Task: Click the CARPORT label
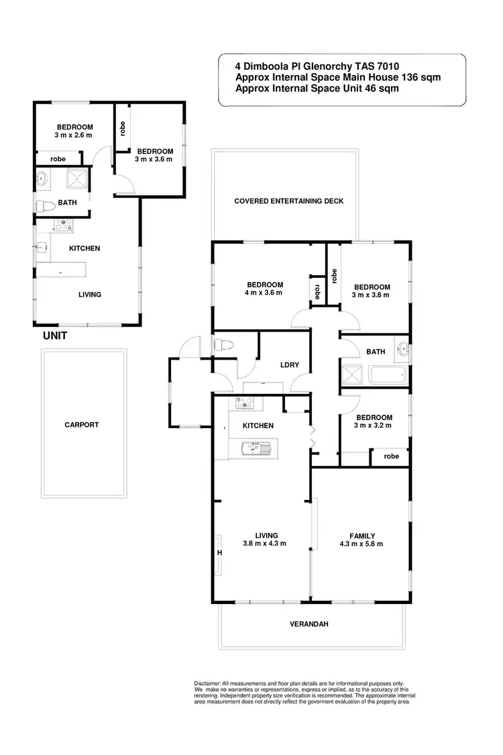coord(82,425)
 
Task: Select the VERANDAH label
coord(309,623)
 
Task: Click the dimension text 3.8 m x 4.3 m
coord(264,544)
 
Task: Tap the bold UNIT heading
coord(54,336)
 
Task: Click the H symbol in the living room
coord(219,553)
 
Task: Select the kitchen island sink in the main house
coord(258,447)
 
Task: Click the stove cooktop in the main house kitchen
coord(245,403)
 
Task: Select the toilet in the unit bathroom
coord(46,205)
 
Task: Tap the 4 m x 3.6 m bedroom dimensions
coord(264,293)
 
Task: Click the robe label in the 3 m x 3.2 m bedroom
coord(391,456)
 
